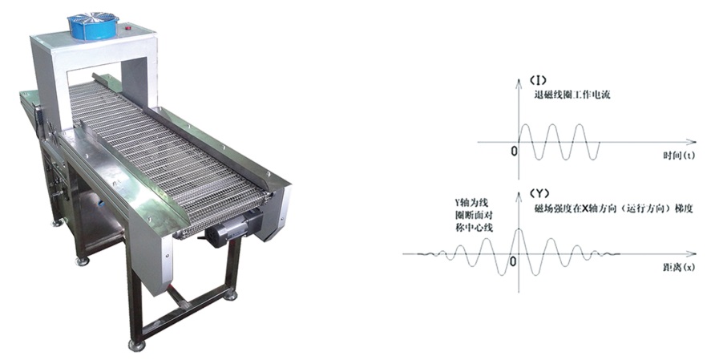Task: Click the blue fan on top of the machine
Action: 93,26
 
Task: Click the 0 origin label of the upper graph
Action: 514,151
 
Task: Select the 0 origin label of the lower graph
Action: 513,261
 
